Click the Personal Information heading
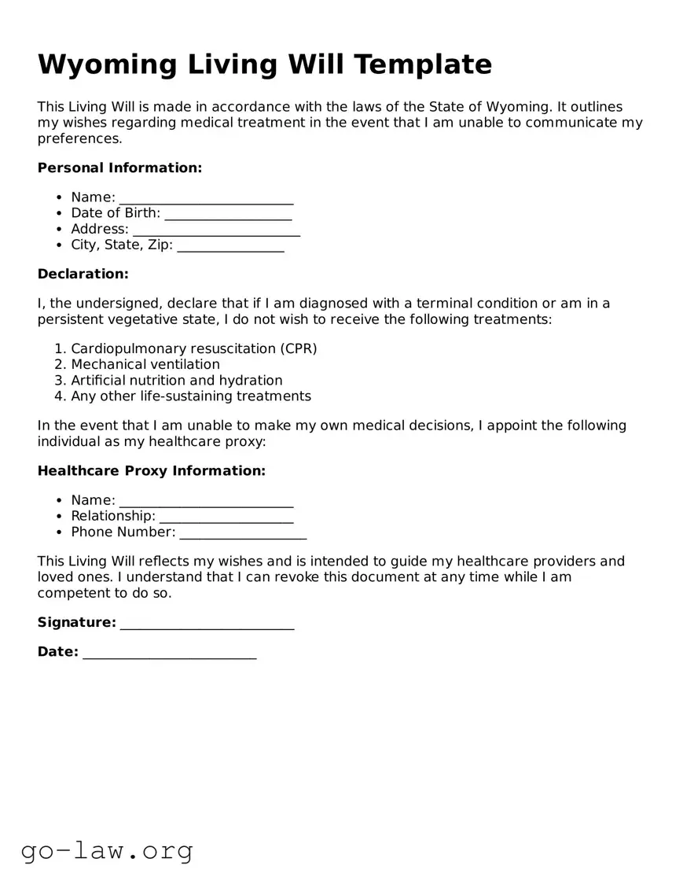[x=119, y=168]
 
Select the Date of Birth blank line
[x=228, y=213]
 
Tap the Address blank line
[x=216, y=230]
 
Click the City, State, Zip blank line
[x=230, y=245]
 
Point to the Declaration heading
[x=83, y=274]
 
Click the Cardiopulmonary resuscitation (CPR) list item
[x=193, y=348]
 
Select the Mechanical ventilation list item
[x=145, y=364]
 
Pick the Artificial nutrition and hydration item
[x=177, y=380]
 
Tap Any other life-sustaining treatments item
[x=191, y=396]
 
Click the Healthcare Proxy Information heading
[x=152, y=470]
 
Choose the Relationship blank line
[x=226, y=517]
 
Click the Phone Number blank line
[x=243, y=532]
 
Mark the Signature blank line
[x=207, y=623]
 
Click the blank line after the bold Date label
[x=169, y=652]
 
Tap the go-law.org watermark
[x=107, y=850]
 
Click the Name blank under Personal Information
[x=206, y=197]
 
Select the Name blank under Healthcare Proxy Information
[x=206, y=501]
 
